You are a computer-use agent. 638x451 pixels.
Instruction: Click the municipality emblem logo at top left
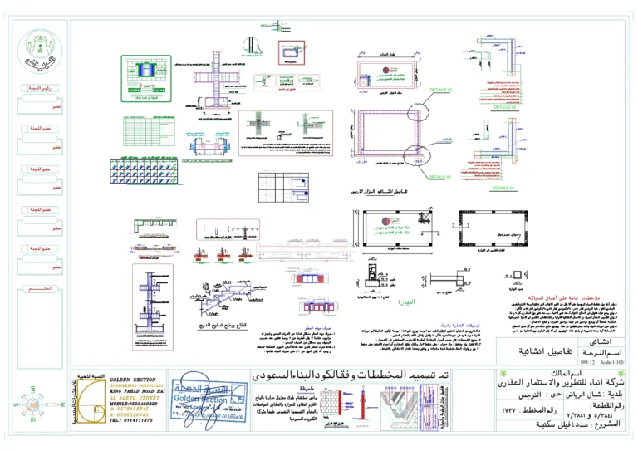point(39,49)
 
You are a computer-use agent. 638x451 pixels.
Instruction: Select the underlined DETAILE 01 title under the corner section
point(503,189)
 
